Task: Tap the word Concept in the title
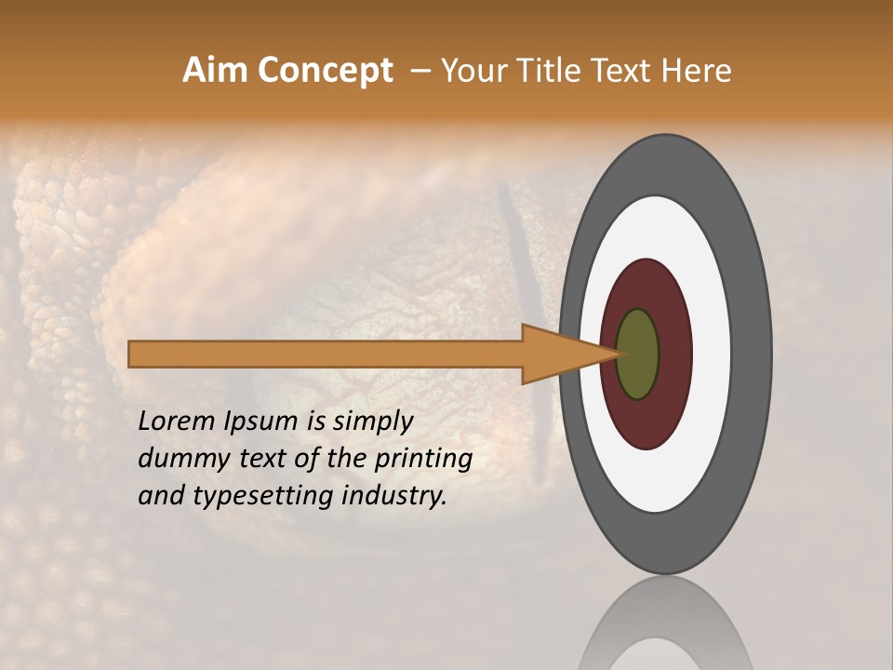[324, 71]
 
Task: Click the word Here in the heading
[697, 71]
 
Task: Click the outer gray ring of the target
[753, 354]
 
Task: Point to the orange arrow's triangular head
[558, 355]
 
